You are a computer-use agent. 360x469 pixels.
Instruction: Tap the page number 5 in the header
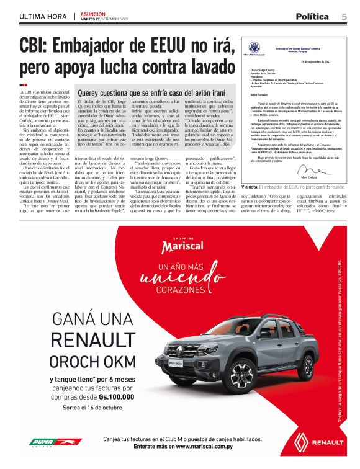(343, 16)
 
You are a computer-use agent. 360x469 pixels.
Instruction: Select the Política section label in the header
(312, 17)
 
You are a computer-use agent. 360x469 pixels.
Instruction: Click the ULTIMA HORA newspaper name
(43, 17)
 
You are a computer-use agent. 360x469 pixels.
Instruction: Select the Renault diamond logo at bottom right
(307, 441)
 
